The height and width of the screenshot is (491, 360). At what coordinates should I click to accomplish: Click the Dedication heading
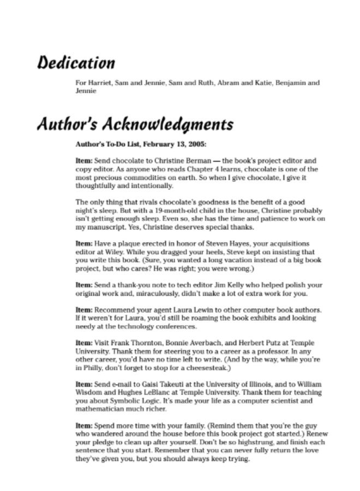tap(76, 63)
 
